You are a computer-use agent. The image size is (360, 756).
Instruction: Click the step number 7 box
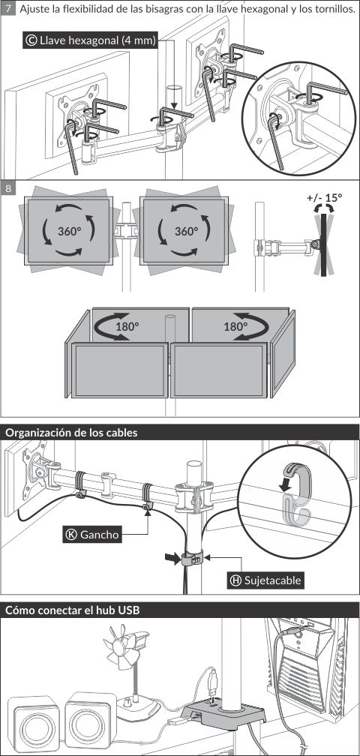(x=7, y=10)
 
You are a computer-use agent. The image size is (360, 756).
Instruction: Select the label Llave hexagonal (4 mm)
(x=90, y=40)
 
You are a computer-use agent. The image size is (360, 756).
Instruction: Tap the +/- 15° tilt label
(x=324, y=197)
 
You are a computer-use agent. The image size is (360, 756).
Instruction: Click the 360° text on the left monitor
(x=70, y=231)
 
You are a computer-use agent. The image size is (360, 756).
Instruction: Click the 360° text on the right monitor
(x=187, y=231)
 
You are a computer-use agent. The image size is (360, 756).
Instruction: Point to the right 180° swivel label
(x=235, y=326)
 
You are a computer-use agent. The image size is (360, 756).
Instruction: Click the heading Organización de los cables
(x=71, y=433)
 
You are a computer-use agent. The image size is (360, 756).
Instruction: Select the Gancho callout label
(x=92, y=534)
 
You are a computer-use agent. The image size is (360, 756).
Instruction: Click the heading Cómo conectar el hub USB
(x=72, y=610)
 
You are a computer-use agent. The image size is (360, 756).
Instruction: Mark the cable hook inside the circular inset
(x=294, y=493)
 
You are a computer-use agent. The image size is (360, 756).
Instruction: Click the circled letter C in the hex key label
(x=31, y=40)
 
